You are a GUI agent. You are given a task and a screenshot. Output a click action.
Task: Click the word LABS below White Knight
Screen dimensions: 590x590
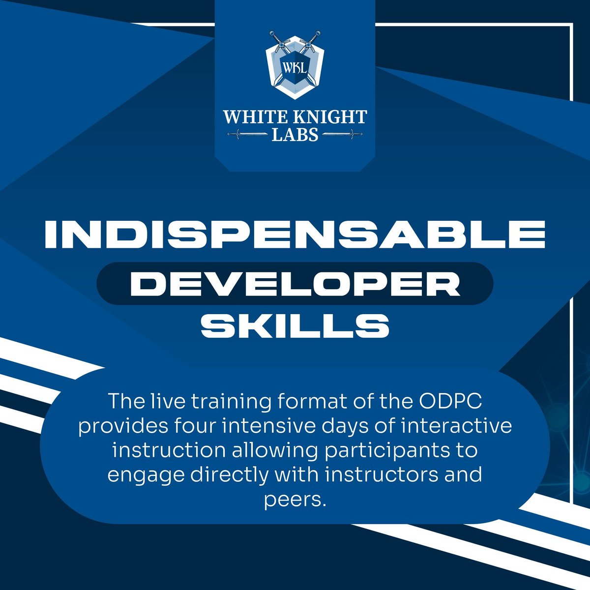click(x=295, y=134)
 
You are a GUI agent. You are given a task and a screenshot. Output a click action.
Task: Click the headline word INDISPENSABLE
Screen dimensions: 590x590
click(x=295, y=235)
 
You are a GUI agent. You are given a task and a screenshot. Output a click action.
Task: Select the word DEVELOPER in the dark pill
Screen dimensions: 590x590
click(x=295, y=284)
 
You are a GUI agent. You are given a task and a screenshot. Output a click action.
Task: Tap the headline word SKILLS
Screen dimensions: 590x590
click(x=295, y=325)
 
